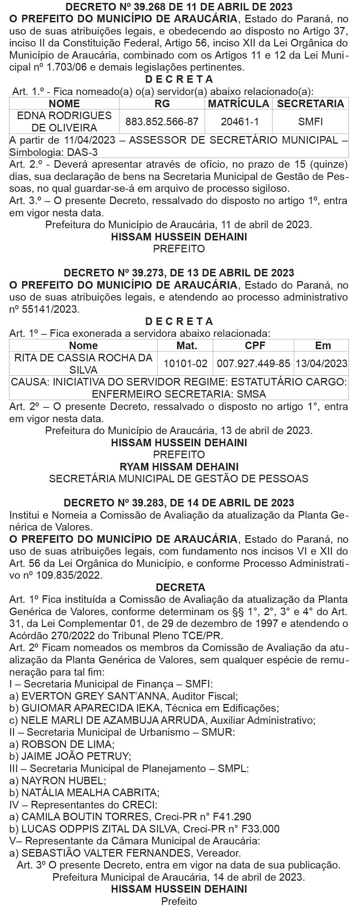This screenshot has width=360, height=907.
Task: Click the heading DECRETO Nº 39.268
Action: (x=179, y=6)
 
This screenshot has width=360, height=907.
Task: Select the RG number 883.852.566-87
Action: (x=162, y=122)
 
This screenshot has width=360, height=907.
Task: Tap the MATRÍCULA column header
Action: (x=239, y=104)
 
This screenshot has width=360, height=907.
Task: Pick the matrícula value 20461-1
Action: (x=240, y=122)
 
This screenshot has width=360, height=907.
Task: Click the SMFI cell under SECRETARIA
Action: (x=310, y=122)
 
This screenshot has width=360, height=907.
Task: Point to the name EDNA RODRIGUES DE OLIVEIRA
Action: (x=64, y=122)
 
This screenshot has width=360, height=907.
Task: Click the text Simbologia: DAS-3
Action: (x=53, y=152)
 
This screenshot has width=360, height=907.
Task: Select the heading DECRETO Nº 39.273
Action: (x=179, y=273)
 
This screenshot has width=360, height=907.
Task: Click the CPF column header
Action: (x=255, y=346)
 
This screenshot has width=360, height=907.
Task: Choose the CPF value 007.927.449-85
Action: (x=253, y=364)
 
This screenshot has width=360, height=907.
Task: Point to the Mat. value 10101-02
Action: (x=185, y=364)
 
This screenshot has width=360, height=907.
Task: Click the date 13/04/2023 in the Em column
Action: (x=321, y=364)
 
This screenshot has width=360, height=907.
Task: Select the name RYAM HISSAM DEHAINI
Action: (x=179, y=467)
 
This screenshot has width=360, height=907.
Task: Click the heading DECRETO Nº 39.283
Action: (x=179, y=503)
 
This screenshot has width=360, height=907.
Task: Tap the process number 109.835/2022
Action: (x=69, y=575)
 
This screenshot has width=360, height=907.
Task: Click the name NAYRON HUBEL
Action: (x=64, y=781)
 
